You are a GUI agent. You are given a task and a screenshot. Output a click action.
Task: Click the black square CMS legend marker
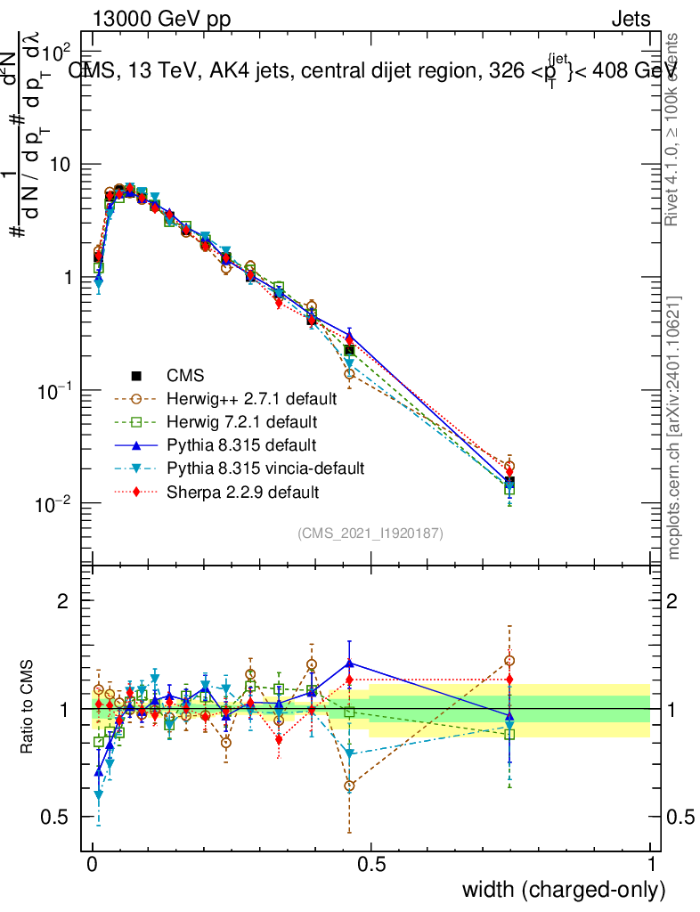pyautogui.click(x=135, y=375)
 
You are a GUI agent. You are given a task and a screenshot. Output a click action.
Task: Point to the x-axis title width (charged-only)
pyautogui.click(x=564, y=890)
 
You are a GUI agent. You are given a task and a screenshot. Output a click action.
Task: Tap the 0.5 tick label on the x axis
pyautogui.click(x=371, y=865)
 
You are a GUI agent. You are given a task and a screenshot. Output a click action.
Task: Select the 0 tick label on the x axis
pyautogui.click(x=93, y=865)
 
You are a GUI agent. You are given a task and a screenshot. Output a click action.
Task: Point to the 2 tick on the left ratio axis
pyautogui.click(x=63, y=601)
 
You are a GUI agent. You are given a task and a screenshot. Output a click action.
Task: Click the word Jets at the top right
pyautogui.click(x=631, y=20)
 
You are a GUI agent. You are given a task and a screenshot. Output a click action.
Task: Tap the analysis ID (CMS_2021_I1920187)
pyautogui.click(x=370, y=533)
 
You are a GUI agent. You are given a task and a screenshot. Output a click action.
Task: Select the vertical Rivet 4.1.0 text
pyautogui.click(x=673, y=130)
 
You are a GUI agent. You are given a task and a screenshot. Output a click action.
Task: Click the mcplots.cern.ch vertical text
pyautogui.click(x=674, y=427)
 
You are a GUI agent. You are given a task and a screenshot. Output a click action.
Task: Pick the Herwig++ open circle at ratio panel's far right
pyautogui.click(x=509, y=661)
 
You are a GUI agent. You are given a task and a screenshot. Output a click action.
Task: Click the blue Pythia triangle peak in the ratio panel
pyautogui.click(x=349, y=664)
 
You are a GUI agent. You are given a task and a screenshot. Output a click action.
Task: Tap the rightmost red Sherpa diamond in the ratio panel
pyautogui.click(x=509, y=680)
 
